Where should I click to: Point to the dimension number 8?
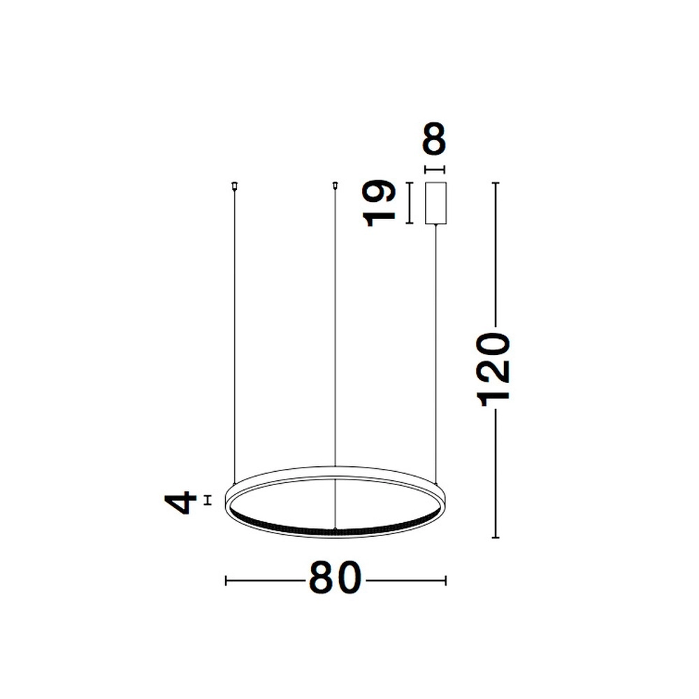coord(435,140)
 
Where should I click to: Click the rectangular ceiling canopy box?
coord(435,203)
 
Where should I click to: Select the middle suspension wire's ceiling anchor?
coord(336,185)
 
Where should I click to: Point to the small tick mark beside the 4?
coord(207,499)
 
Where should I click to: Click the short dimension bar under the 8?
coord(435,170)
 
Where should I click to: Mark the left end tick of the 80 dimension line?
coord(225,580)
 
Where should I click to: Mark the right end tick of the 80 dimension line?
coord(445,580)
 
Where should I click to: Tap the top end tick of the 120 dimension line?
coord(496,183)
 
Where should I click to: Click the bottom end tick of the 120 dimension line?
coord(496,538)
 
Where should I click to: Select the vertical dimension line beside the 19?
coord(410,203)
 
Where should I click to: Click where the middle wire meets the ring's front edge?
coord(336,529)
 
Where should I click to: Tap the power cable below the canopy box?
coord(436,349)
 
